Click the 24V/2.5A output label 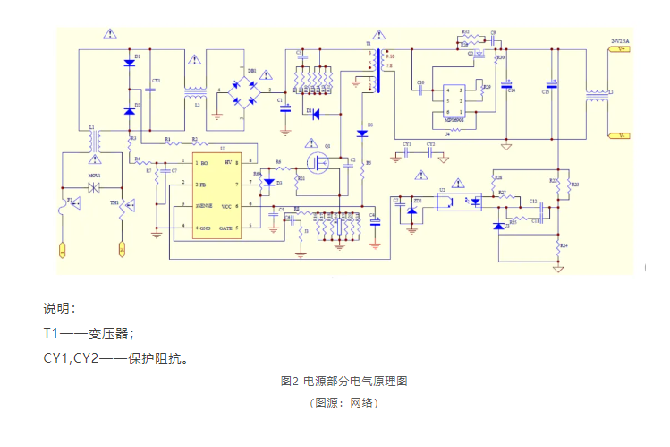621,40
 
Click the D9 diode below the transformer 362,133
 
